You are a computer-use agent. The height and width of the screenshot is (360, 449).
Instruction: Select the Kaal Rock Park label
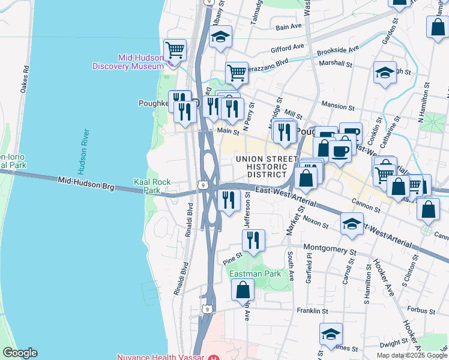coord(152,186)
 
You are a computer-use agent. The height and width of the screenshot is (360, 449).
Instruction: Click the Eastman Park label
coord(255,273)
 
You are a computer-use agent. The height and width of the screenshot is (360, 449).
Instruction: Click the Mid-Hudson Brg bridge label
coord(86,183)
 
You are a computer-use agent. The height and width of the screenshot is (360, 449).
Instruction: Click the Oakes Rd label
coord(25,78)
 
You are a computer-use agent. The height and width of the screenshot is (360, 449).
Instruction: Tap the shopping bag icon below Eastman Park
coord(242,290)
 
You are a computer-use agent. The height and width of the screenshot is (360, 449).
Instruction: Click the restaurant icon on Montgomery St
coord(253,240)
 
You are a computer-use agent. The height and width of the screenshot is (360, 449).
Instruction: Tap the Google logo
coord(20,353)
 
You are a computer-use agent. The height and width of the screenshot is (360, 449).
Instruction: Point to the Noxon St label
coord(315,222)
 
